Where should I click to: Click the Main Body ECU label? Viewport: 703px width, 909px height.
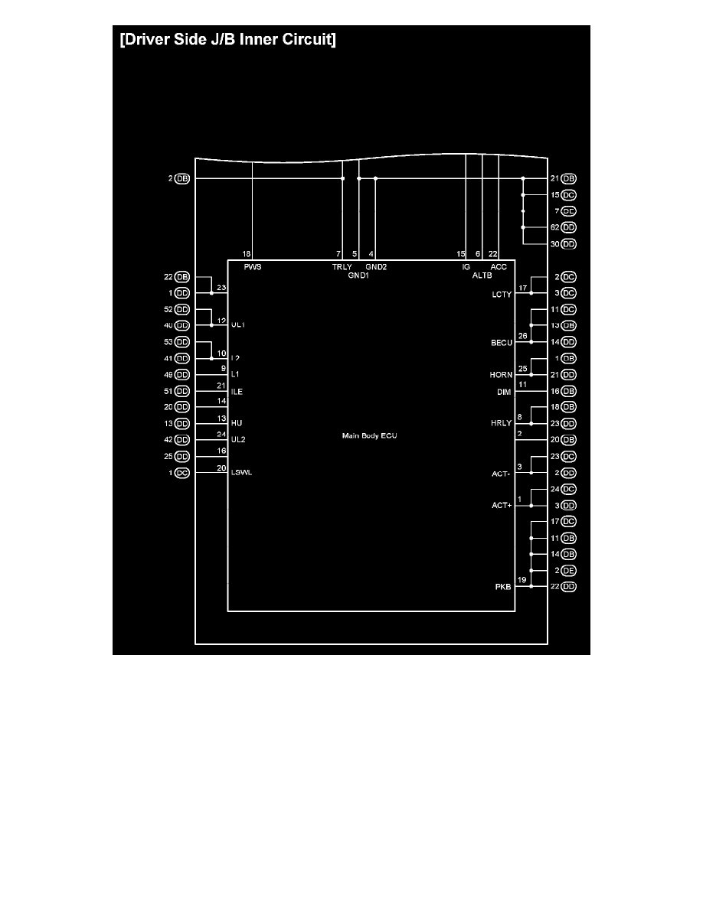[370, 435]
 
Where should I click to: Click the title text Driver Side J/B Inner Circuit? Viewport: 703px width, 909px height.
[227, 41]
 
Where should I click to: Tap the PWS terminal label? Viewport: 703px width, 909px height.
[252, 267]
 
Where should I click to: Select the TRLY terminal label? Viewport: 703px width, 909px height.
[342, 267]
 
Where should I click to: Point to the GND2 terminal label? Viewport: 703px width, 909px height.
[376, 267]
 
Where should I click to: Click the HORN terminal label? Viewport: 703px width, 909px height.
[501, 375]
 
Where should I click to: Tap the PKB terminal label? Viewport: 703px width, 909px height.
[504, 587]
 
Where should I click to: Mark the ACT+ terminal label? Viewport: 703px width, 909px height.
[502, 506]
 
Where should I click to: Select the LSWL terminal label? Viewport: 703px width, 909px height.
[241, 473]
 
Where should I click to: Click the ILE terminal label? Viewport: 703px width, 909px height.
[237, 391]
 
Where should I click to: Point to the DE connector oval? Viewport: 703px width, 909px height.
[568, 571]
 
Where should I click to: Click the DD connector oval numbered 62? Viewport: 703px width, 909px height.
[568, 227]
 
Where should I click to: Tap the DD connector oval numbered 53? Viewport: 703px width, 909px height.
[182, 342]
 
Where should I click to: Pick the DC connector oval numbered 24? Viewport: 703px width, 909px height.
[568, 489]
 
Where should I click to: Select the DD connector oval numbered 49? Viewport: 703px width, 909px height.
[182, 375]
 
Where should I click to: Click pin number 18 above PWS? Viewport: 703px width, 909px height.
[247, 253]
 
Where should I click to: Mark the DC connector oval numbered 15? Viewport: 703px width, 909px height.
[568, 195]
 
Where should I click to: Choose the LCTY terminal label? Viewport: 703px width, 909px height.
[502, 295]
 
